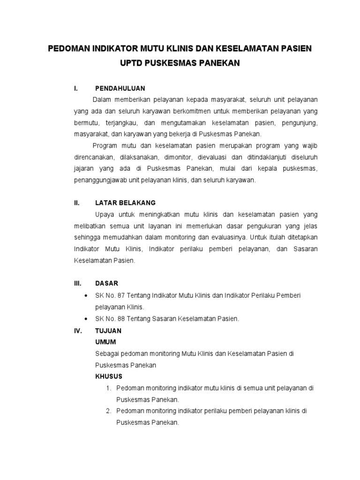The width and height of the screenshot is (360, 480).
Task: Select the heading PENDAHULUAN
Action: tap(120, 88)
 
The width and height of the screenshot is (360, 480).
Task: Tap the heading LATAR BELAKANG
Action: tap(125, 203)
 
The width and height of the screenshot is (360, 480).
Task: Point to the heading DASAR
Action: tap(106, 283)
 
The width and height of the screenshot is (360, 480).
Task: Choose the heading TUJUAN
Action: tap(108, 330)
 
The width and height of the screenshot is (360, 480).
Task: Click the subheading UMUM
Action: tap(105, 342)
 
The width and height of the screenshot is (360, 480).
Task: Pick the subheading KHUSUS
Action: tap(109, 376)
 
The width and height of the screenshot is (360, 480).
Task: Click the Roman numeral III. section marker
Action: tap(77, 283)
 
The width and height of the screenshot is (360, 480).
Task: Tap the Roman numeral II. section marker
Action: tap(76, 203)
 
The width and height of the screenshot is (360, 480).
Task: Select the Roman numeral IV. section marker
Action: tap(78, 330)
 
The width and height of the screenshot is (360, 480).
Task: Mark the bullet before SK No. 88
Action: tap(85, 319)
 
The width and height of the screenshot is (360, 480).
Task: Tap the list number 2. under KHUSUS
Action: tap(108, 411)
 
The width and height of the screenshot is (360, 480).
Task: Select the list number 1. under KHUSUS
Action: tap(108, 388)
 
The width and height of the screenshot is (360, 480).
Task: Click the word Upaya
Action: tap(105, 214)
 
